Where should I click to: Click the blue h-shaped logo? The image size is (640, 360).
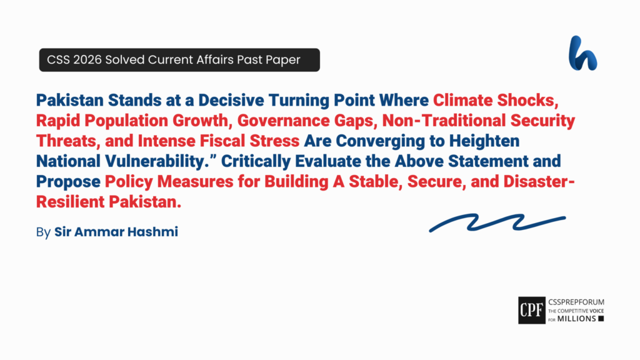[582, 53]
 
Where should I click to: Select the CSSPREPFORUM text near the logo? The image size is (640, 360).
[575, 302]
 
